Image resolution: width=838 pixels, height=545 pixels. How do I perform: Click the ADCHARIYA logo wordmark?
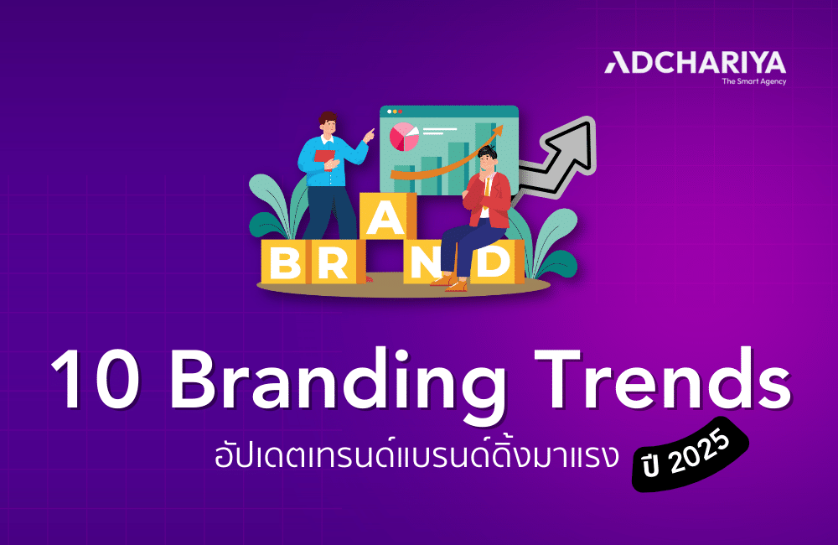point(696,64)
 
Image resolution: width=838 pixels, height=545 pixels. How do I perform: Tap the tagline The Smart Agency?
point(753,81)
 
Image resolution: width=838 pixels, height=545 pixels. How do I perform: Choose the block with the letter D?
point(495,263)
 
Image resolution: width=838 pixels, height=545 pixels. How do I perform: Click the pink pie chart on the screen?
point(405,136)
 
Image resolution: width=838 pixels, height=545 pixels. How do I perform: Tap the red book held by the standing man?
point(323,157)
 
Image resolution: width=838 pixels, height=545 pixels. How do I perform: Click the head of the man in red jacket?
point(487,158)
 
